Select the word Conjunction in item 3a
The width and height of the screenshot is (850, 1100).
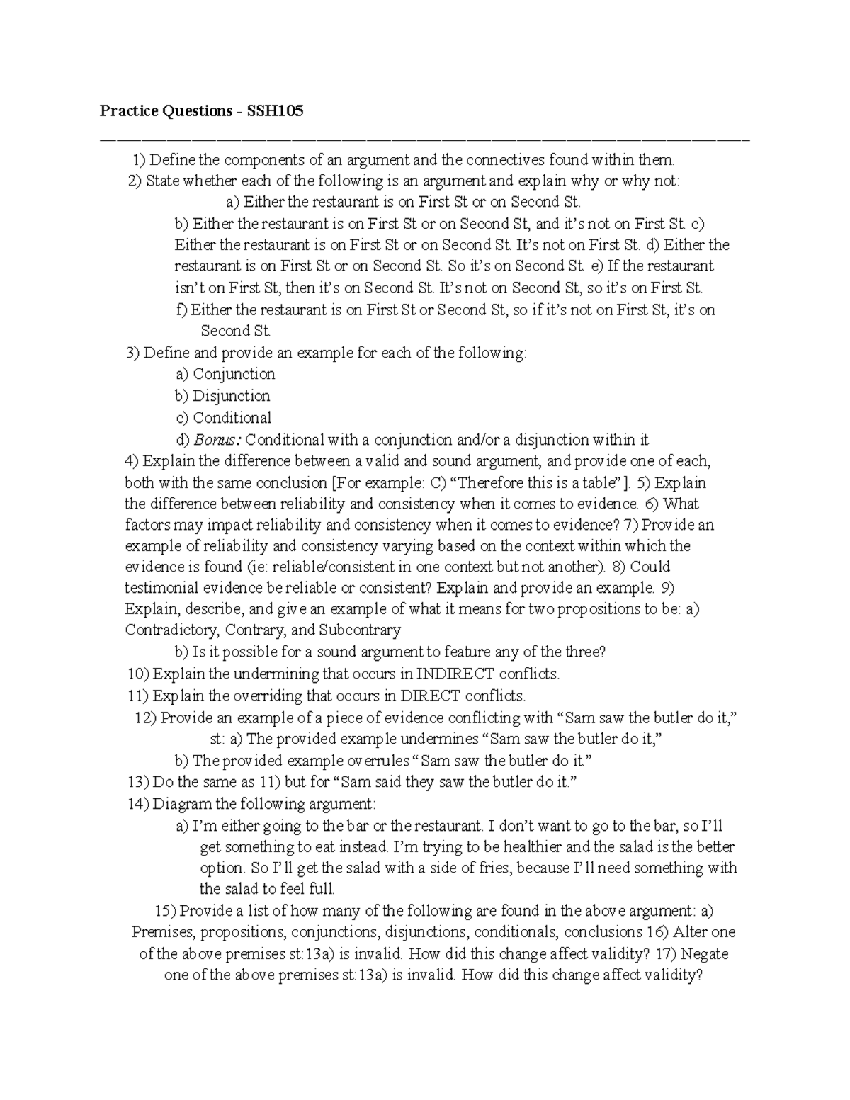(x=234, y=374)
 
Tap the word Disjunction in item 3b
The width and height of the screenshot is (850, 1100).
(x=232, y=396)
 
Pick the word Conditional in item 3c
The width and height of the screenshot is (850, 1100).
(x=232, y=418)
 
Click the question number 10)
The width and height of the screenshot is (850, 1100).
(x=139, y=673)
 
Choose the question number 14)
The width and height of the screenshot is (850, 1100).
(x=139, y=804)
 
